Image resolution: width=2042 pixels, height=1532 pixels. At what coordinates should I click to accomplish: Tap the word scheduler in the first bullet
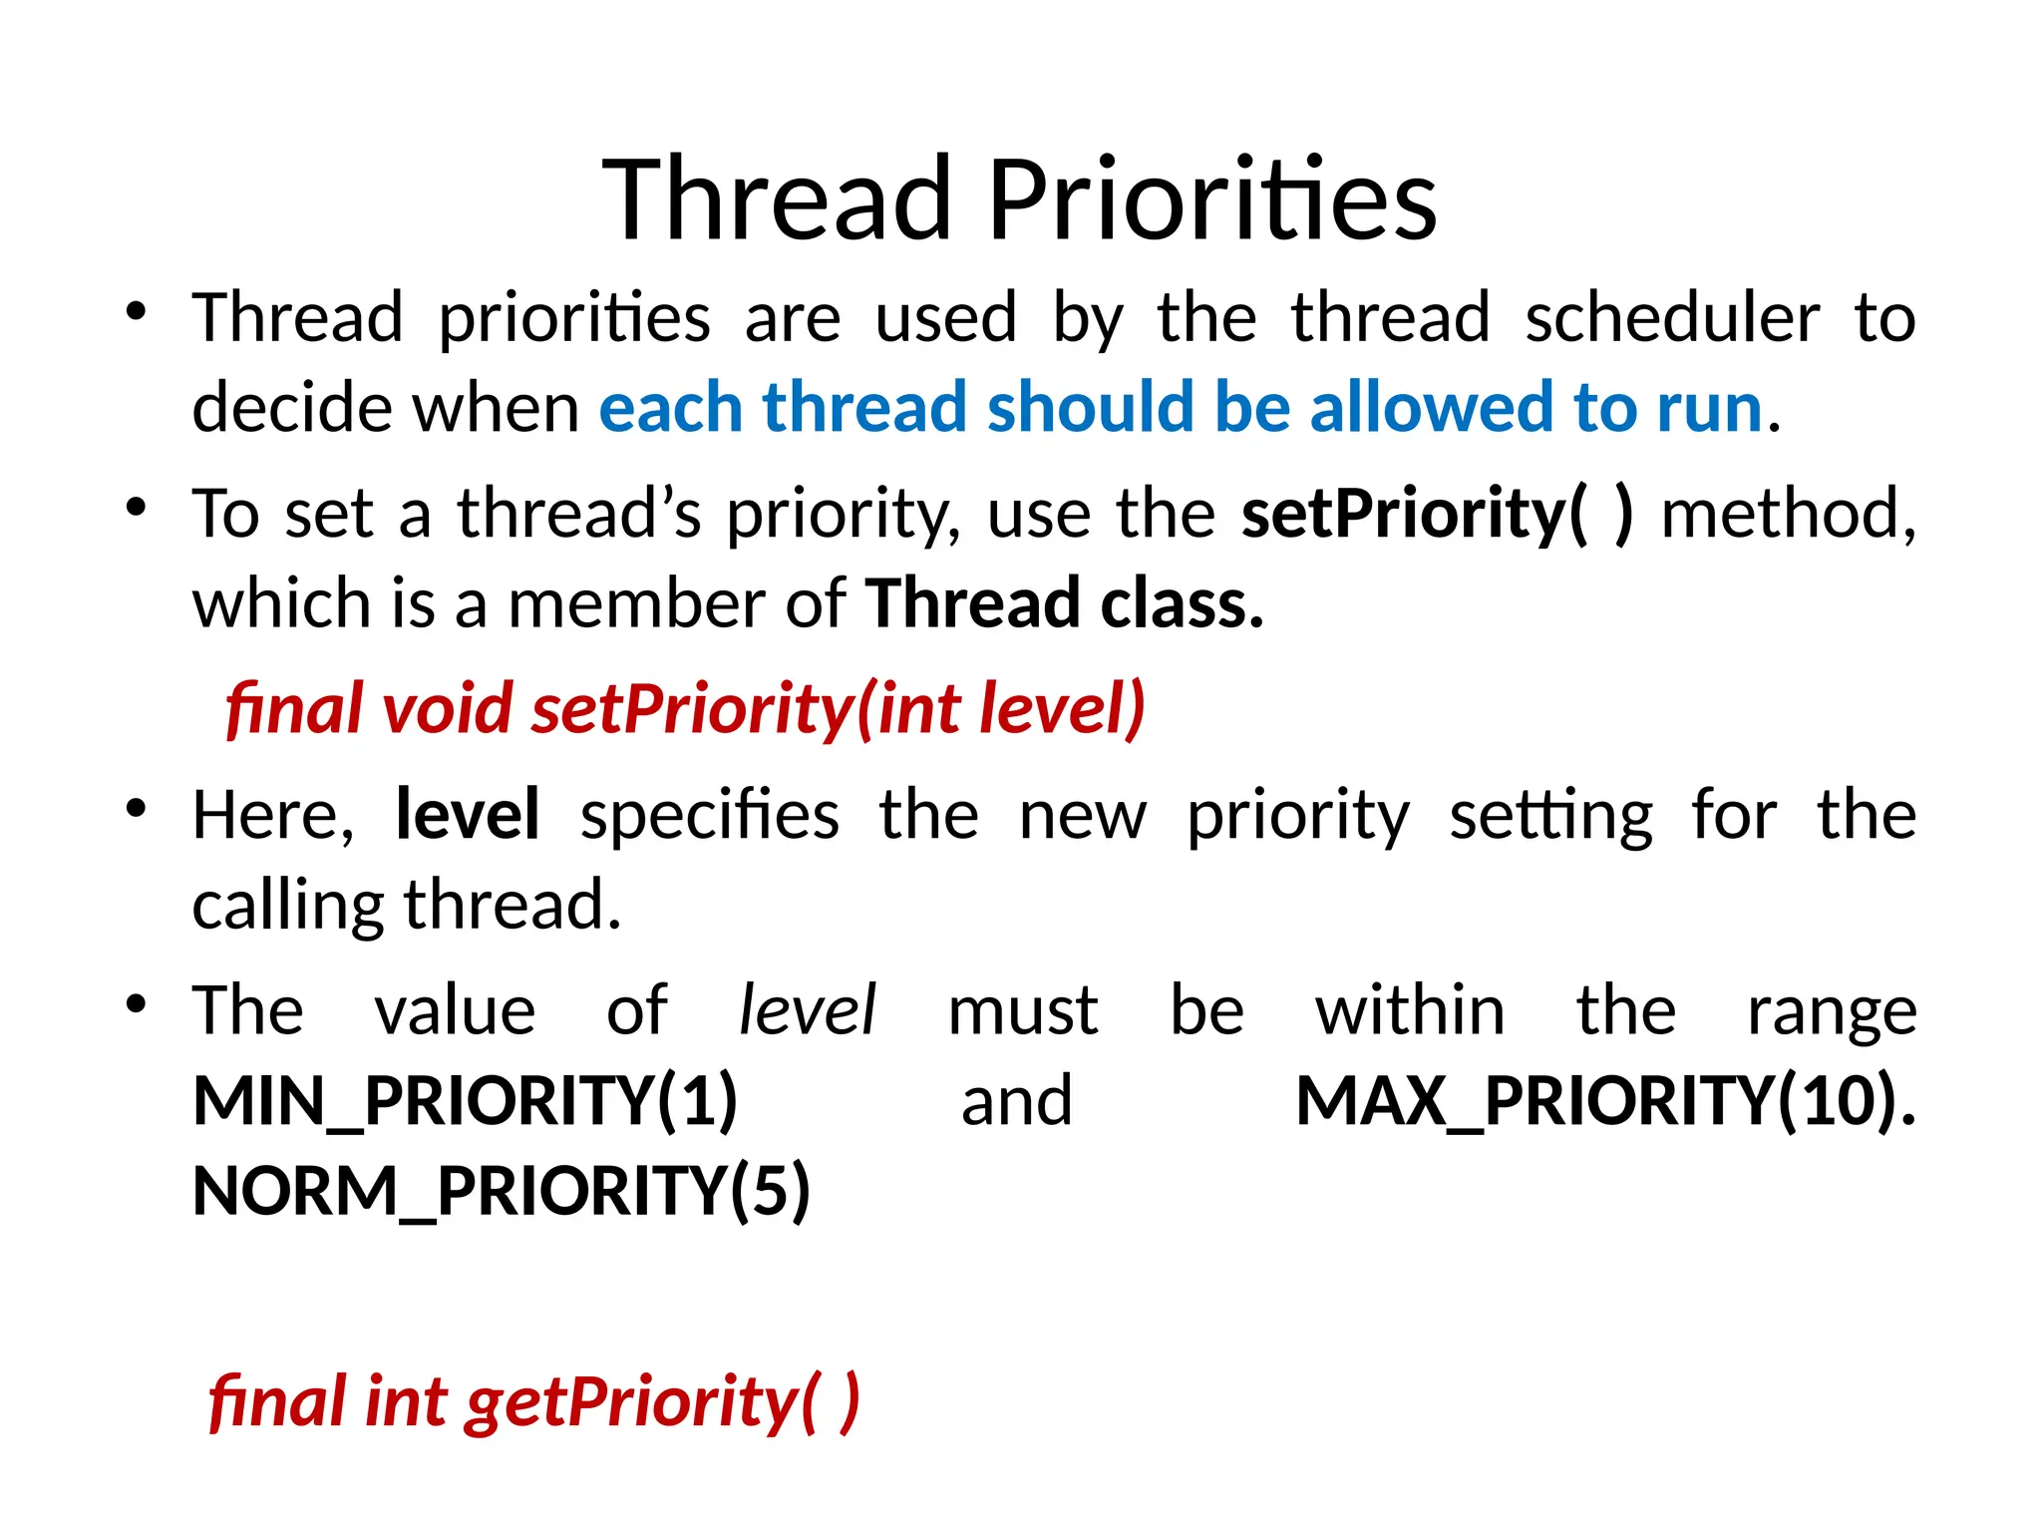click(1672, 318)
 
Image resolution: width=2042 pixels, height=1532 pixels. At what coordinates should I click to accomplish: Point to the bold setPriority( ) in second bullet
click(1437, 515)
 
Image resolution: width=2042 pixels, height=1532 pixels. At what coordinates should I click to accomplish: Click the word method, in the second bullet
click(1788, 515)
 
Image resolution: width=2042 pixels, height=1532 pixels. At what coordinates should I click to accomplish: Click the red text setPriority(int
click(747, 709)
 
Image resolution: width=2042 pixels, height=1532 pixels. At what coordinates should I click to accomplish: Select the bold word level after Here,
click(468, 815)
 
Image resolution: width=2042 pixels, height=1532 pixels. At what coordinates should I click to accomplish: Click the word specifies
click(709, 815)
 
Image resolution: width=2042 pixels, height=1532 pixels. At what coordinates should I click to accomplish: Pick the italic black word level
click(807, 1010)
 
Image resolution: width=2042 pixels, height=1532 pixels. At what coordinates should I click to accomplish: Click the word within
click(1410, 1010)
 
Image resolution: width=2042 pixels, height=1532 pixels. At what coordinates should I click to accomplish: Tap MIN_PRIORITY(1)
click(465, 1101)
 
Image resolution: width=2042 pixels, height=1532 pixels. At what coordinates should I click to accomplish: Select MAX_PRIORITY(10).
click(1605, 1101)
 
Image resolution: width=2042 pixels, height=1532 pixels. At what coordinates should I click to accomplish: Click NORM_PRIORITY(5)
click(502, 1191)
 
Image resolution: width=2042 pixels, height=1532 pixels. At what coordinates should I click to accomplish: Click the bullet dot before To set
click(137, 508)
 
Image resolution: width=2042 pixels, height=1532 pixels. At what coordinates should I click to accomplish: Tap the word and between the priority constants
click(1017, 1101)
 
